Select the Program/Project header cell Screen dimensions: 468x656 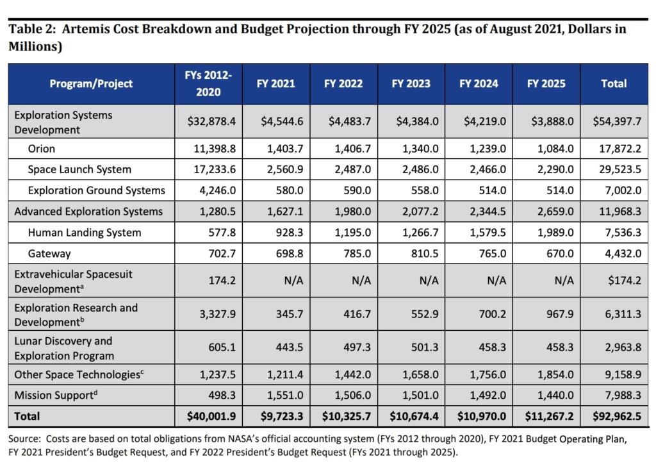pos(91,84)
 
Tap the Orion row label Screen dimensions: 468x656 pos(42,149)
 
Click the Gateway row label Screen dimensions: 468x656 pos(49,254)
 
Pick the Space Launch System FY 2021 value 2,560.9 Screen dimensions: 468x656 pos(276,169)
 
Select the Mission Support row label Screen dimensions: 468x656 pos(56,395)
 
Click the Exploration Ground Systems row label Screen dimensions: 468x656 pos(96,190)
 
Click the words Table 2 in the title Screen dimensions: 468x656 pos(29,29)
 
